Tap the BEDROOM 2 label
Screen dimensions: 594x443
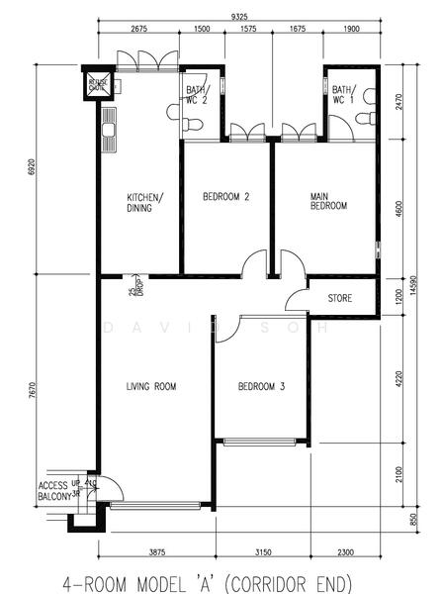tap(225, 196)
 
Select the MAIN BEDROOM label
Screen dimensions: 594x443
tap(328, 202)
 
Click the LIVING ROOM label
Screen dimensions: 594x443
tap(151, 386)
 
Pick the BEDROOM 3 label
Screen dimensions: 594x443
tap(261, 386)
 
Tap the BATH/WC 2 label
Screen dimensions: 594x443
tap(196, 94)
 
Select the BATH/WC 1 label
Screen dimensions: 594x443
tap(343, 94)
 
